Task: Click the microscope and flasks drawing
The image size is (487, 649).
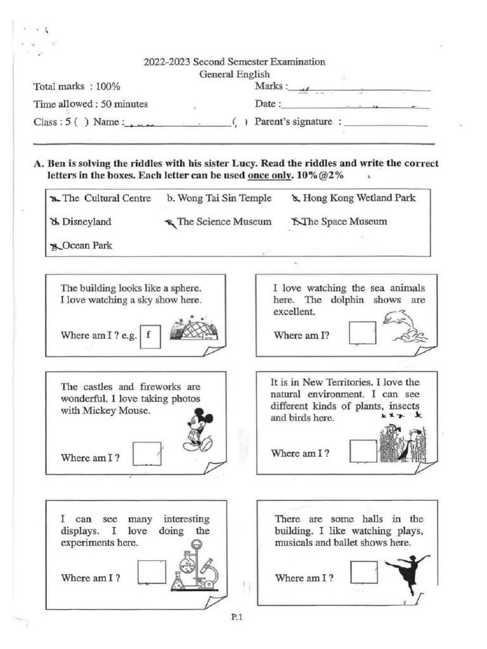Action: (x=195, y=567)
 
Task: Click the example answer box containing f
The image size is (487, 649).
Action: (x=149, y=335)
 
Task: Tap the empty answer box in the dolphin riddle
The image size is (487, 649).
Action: (x=362, y=333)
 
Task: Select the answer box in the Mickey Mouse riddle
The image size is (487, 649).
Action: (x=147, y=454)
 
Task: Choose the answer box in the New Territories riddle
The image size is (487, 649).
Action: (x=363, y=451)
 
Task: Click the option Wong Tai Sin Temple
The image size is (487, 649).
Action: (x=219, y=198)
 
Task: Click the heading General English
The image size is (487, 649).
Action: (x=235, y=74)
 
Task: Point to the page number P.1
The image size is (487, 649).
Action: (x=237, y=620)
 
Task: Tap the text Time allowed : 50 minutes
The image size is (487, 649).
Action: (x=91, y=104)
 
